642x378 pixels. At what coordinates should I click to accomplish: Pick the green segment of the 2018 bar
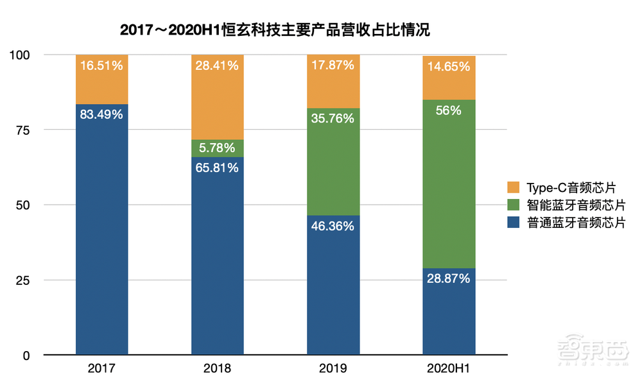[x=218, y=148]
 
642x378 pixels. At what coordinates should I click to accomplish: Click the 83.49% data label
[x=102, y=116]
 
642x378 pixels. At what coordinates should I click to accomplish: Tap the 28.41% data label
[x=218, y=65]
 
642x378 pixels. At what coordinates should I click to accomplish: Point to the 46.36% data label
[x=333, y=227]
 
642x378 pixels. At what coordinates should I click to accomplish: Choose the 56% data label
[x=449, y=110]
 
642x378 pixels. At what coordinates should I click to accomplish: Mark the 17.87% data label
[x=333, y=65]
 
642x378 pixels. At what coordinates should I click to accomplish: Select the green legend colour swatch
[x=513, y=205]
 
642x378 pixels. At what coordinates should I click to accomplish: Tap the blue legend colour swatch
[x=513, y=223]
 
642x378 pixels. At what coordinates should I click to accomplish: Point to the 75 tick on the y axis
[x=25, y=130]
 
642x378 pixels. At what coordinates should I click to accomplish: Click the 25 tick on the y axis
[x=25, y=280]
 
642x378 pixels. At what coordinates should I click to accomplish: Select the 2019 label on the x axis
[x=333, y=369]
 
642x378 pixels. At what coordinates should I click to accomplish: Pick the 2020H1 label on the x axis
[x=449, y=369]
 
